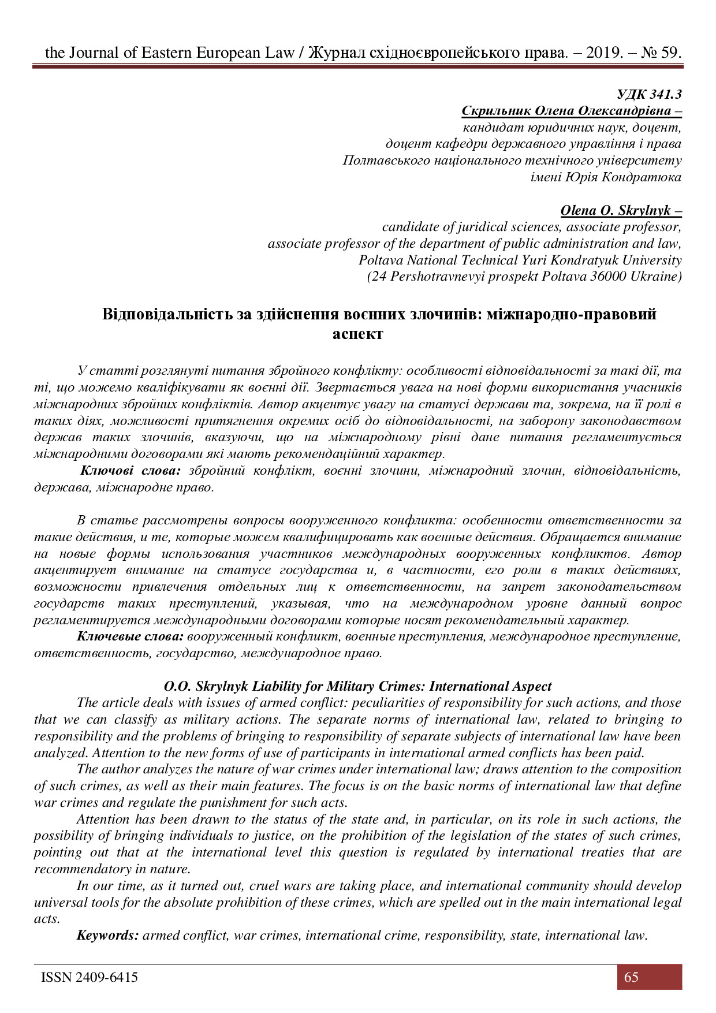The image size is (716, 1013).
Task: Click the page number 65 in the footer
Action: tap(631, 977)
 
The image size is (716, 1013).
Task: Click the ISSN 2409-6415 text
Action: tap(89, 977)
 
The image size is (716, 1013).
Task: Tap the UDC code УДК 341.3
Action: tap(649, 94)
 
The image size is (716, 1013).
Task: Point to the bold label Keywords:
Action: tap(107, 935)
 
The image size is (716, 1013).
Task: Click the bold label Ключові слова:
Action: tap(130, 471)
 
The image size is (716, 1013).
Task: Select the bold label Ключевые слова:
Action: tap(130, 636)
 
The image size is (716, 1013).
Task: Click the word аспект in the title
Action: tap(357, 334)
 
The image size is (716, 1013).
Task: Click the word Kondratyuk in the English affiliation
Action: tap(581, 260)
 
